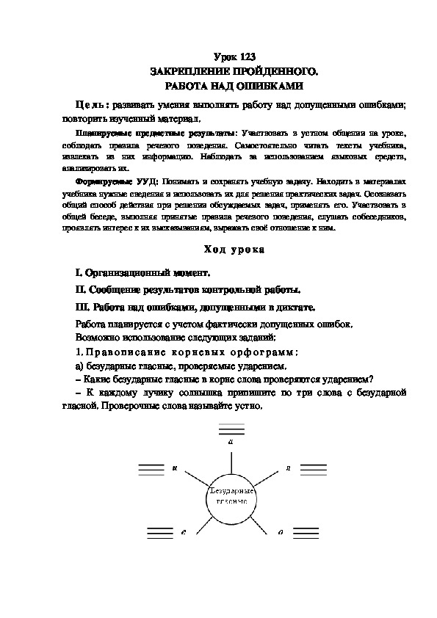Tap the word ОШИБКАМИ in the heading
pos(257,85)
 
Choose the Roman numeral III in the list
pos(82,308)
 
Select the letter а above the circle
pos(231,442)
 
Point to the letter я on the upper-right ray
pos(288,467)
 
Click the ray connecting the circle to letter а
pos(231,462)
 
